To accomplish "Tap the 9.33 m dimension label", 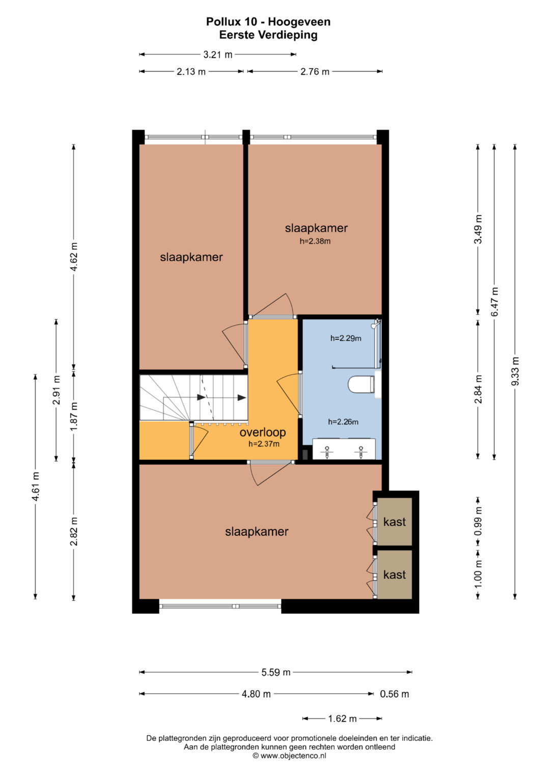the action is point(515,371).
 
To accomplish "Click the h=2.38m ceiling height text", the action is point(315,241).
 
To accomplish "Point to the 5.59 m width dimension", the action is point(276,672).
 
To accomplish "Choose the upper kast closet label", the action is point(395,522).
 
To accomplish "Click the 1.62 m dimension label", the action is point(342,718).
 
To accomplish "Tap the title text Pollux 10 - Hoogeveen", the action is point(268,21).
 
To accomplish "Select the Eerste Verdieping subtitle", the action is point(268,35).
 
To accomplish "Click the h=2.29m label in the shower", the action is point(346,338).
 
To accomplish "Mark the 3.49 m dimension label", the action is point(478,229).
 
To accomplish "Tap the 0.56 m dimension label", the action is point(395,694).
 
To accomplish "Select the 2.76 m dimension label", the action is point(315,72).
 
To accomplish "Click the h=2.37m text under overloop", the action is point(264,444).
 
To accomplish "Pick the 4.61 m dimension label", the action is point(36,486).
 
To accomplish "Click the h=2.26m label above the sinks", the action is point(343,422).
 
